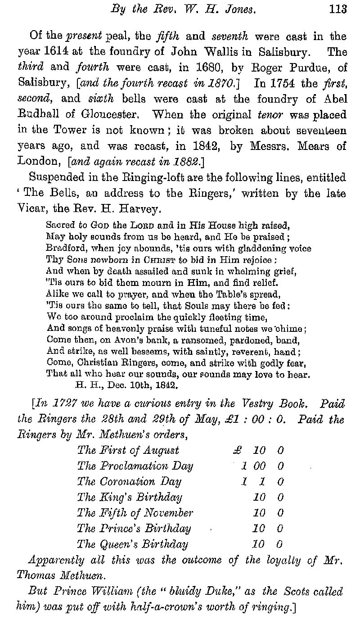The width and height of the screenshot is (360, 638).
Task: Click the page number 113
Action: click(337, 9)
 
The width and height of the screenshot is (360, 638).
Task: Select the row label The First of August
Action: click(128, 450)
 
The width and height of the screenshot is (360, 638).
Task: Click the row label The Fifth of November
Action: click(135, 513)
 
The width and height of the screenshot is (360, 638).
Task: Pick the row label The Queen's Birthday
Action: click(132, 544)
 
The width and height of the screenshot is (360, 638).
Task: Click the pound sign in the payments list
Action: click(238, 450)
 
